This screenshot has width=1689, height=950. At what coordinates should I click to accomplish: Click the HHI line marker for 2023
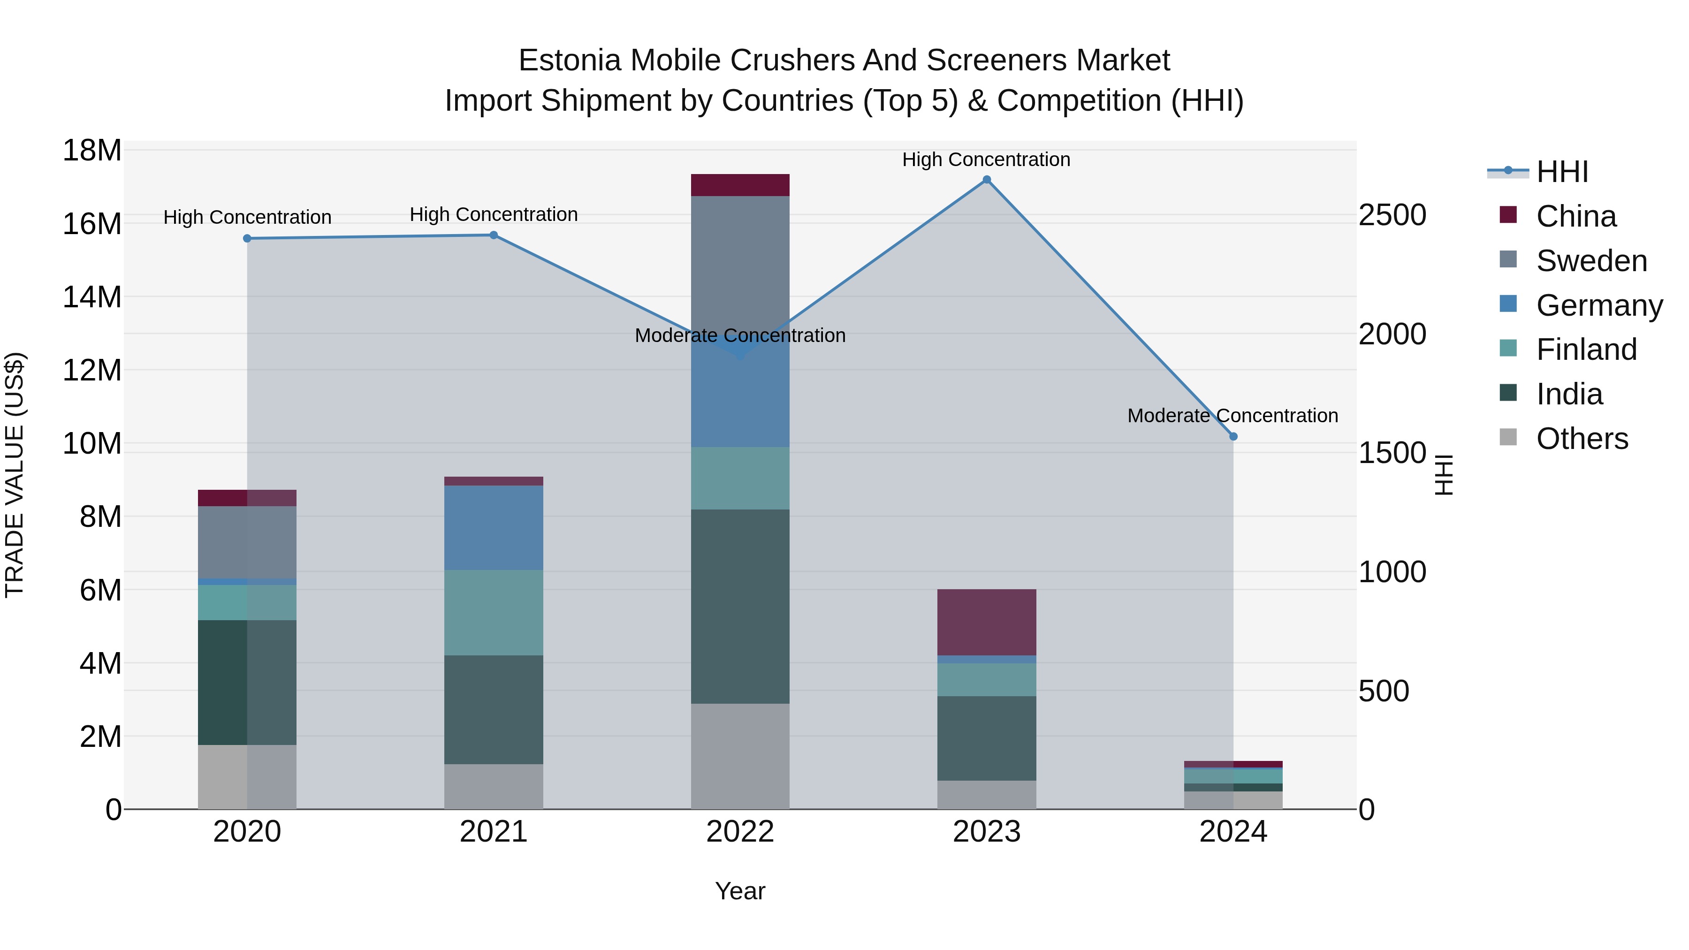click(986, 180)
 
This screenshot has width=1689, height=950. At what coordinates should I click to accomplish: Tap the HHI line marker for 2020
click(247, 239)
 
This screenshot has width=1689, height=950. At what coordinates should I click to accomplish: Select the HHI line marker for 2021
click(494, 235)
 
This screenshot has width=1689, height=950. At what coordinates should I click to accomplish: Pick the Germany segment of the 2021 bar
click(494, 527)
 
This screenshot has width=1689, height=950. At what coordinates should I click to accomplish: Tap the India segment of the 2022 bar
click(740, 607)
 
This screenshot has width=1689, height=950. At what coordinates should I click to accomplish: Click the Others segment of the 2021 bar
click(494, 786)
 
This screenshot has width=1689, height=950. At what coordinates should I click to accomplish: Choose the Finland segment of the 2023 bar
click(986, 679)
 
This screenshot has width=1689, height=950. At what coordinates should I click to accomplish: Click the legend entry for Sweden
click(1591, 261)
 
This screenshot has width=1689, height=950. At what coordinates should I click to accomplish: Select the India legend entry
click(1569, 394)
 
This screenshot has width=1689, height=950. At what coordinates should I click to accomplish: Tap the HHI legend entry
click(1562, 172)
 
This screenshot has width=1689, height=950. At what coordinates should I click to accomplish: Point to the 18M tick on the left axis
click(92, 151)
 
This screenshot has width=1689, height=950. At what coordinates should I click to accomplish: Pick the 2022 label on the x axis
click(740, 832)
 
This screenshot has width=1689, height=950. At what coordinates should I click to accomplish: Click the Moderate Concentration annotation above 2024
click(1232, 416)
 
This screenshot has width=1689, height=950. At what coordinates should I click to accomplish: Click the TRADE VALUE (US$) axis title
click(15, 475)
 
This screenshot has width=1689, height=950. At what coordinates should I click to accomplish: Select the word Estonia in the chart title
click(569, 61)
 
